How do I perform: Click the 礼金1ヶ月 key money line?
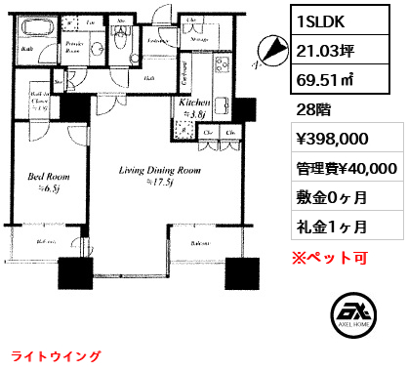point(332,227)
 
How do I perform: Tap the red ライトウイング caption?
point(48,356)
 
